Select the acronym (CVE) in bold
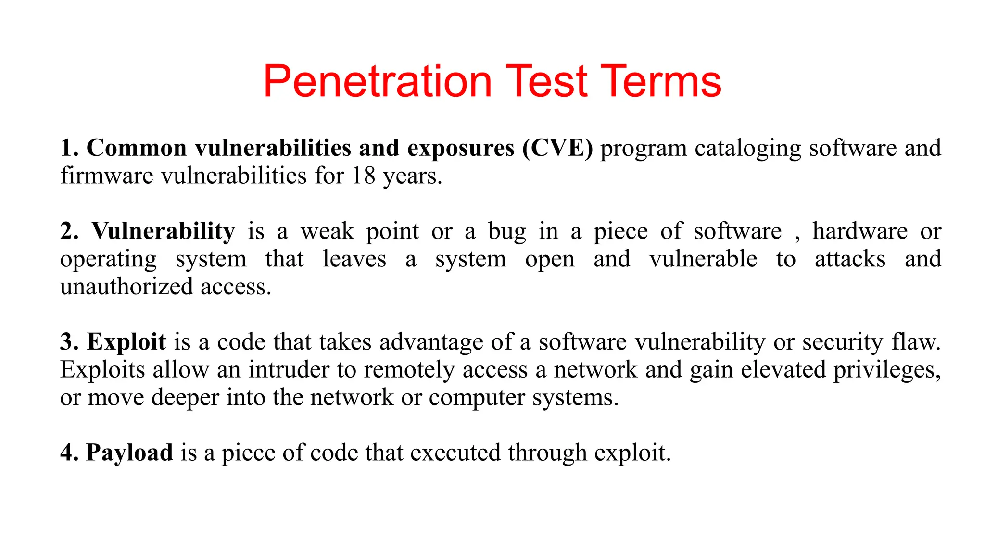(557, 148)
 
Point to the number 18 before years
(363, 176)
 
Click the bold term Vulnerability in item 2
(164, 232)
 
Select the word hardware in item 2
(860, 231)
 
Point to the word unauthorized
(126, 287)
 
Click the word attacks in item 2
(850, 259)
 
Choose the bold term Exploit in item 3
(126, 342)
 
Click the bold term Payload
(129, 453)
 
